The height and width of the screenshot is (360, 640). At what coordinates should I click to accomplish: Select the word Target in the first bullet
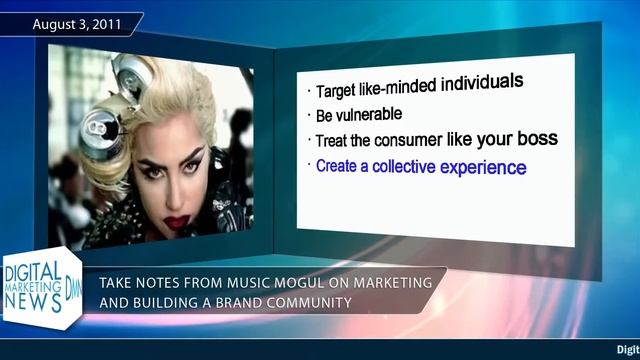(338, 91)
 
